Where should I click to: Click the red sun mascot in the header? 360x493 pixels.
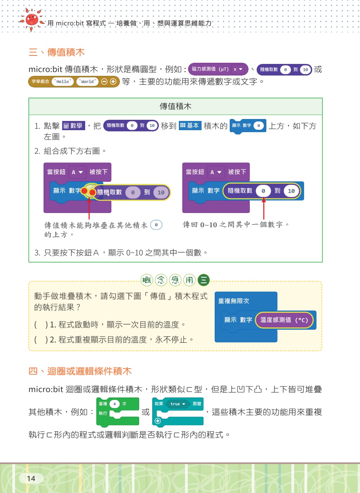[x=32, y=20]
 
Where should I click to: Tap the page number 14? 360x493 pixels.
[x=31, y=478]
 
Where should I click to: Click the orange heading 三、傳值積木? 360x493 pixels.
[x=57, y=52]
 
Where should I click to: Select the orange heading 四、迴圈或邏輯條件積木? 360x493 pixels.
[x=80, y=371]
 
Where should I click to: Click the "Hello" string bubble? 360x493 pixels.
[x=62, y=82]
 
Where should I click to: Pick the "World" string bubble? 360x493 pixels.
[x=87, y=82]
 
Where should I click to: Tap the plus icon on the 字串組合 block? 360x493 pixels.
[x=113, y=82]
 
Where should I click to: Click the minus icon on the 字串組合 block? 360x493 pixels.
[x=104, y=82]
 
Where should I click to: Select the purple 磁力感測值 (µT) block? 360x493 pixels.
[x=218, y=69]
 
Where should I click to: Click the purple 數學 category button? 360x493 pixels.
[x=74, y=126]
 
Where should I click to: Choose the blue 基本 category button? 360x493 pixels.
[x=190, y=126]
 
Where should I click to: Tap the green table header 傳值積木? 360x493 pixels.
[x=176, y=107]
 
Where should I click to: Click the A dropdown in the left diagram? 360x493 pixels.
[x=77, y=172]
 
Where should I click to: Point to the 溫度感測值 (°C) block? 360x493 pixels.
[x=284, y=320]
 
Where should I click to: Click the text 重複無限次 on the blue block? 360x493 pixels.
[x=234, y=301]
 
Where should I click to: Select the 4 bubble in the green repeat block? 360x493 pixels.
[x=114, y=404]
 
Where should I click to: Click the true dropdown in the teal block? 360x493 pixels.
[x=178, y=404]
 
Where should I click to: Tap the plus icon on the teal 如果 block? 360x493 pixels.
[x=158, y=421]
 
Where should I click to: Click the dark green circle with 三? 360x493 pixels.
[x=204, y=280]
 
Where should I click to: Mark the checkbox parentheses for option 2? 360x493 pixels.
[x=41, y=340]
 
